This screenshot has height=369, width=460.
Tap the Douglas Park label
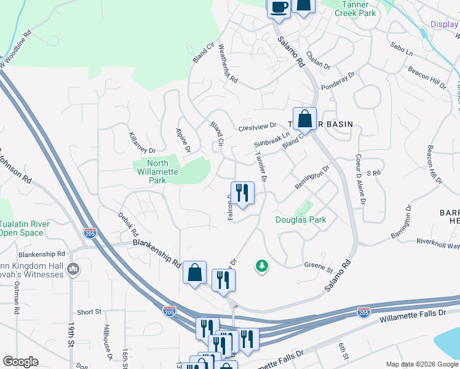click(x=300, y=220)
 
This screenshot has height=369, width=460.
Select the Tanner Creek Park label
click(x=355, y=9)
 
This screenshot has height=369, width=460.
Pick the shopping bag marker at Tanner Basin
click(x=304, y=119)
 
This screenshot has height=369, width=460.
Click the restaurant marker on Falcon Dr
click(x=242, y=192)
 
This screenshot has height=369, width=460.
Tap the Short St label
click(x=90, y=312)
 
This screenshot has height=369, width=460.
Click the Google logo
click(x=20, y=362)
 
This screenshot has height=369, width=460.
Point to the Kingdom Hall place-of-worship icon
click(x=73, y=269)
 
